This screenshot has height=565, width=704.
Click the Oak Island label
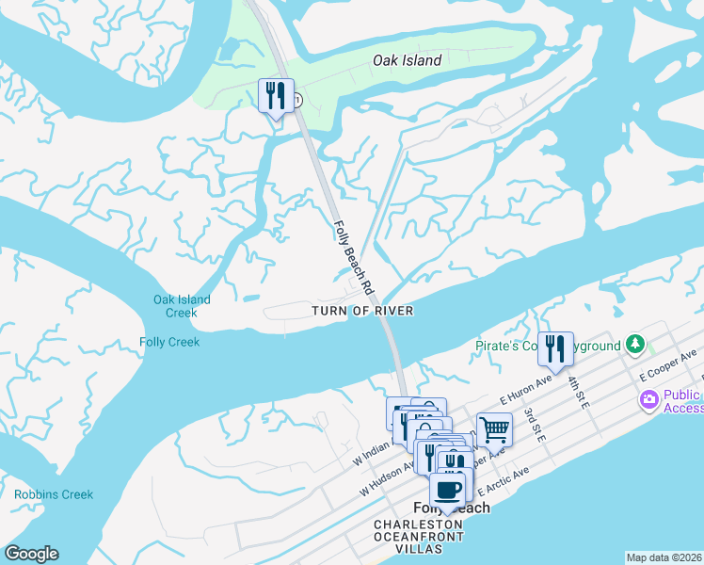point(407,60)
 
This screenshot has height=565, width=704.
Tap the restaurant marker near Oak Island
point(276,96)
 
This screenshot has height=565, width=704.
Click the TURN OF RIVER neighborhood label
point(362,311)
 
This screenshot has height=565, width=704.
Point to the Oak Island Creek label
point(182,306)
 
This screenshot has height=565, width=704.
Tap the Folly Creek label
point(169,342)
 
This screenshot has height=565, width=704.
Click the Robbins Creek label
point(54,494)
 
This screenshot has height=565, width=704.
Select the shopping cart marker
point(494,430)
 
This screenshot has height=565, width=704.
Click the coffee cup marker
point(448,490)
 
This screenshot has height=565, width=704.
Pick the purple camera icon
point(648,401)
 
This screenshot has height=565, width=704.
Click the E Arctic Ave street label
point(505,480)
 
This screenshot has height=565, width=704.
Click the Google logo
point(31,554)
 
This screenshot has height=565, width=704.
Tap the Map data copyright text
point(664,557)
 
